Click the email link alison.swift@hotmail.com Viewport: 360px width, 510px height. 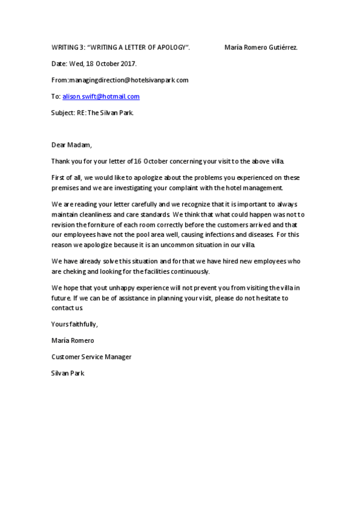pyautogui.click(x=101, y=96)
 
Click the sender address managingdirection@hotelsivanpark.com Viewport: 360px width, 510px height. pyautogui.click(x=129, y=80)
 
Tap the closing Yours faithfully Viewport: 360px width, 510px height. pyautogui.click(x=75, y=324)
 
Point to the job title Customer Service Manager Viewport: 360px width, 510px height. pyautogui.click(x=91, y=357)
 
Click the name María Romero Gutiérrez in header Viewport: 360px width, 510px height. pyautogui.click(x=261, y=47)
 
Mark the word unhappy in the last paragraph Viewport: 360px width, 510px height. pyautogui.click(x=126, y=288)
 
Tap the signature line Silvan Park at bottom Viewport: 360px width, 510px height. pyautogui.click(x=68, y=373)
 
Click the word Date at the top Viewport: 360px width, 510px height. pyautogui.click(x=58, y=63)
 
